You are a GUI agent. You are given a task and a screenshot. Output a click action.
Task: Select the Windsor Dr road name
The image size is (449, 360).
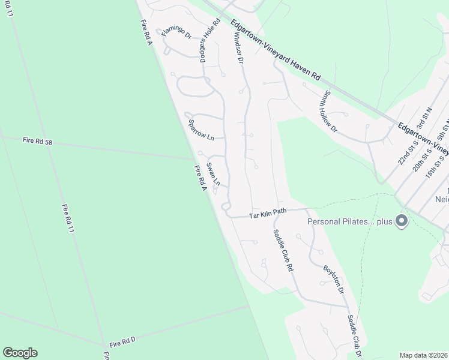pyautogui.click(x=237, y=47)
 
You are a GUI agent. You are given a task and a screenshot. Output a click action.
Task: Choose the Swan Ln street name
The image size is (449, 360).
pyautogui.click(x=214, y=173)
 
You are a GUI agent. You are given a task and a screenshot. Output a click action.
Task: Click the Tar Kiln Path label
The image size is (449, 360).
pyautogui.click(x=268, y=212)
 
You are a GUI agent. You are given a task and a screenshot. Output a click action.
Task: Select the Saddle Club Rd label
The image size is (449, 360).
pyautogui.click(x=282, y=251)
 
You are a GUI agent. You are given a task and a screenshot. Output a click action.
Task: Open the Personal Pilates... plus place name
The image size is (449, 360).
pyautogui.click(x=349, y=221)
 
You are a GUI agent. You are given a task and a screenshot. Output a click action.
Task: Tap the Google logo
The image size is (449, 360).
pyautogui.click(x=20, y=353)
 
